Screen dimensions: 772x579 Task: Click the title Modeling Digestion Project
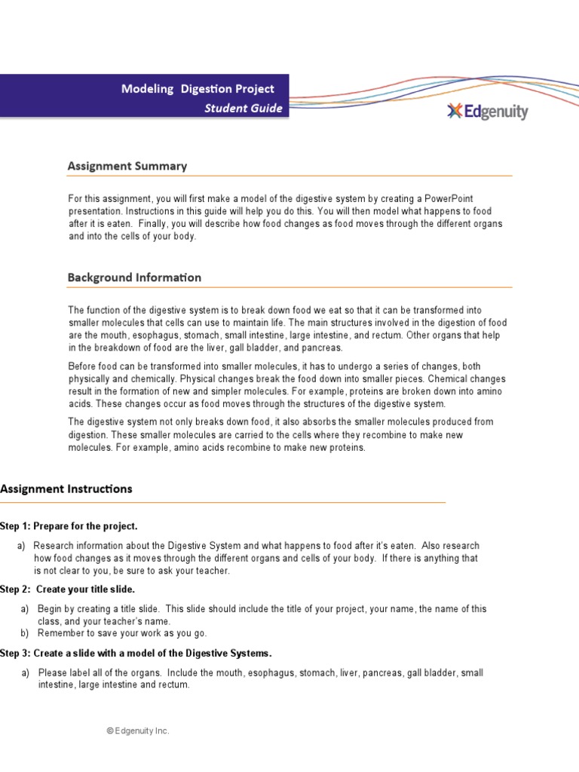click(198, 89)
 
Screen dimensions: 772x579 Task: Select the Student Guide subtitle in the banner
click(244, 108)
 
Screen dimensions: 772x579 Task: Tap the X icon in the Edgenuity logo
click(454, 112)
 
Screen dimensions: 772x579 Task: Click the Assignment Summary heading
click(127, 166)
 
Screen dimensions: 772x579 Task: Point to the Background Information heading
click(134, 277)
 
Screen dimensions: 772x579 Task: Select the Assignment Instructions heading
click(66, 489)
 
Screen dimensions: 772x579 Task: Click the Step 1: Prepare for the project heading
click(69, 525)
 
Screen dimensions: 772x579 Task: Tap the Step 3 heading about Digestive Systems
click(136, 653)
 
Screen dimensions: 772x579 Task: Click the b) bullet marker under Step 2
click(25, 633)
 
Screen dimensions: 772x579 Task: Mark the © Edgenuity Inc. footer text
click(137, 731)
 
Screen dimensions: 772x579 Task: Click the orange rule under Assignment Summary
click(289, 176)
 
